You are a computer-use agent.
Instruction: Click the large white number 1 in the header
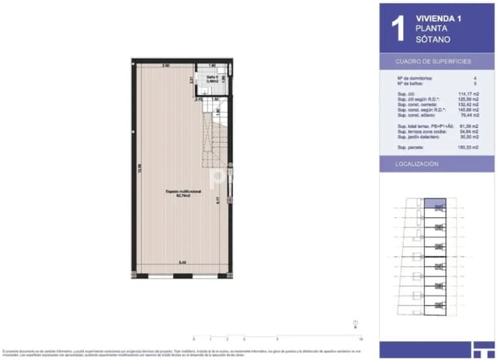coord(398,28)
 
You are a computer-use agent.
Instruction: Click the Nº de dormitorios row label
coord(415,78)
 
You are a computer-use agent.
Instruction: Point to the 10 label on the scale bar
coord(361,339)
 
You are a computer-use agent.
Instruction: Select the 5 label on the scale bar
coord(277,339)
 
